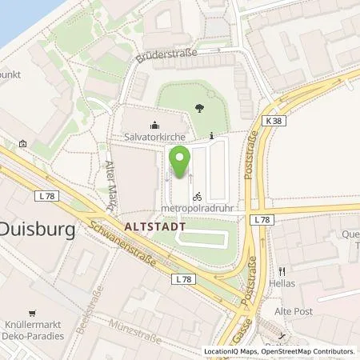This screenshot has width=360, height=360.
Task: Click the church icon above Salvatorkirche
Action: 154,124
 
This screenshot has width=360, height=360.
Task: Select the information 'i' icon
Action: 210,135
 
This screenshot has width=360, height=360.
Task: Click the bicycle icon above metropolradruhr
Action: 197,194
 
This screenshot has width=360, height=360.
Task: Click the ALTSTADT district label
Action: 155,227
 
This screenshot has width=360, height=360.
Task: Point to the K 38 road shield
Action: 274,119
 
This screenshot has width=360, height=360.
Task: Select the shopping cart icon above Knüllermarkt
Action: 32,313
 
